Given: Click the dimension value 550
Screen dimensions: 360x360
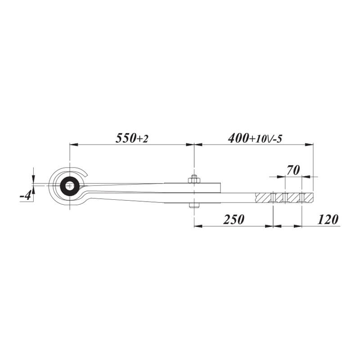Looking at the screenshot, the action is [126, 138].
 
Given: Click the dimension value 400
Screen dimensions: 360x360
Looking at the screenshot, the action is [238, 138].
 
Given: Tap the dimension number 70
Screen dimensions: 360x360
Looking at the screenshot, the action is [293, 170].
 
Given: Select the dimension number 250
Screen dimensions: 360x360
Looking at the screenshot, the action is [234, 219].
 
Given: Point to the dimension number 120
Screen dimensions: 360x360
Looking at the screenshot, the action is [328, 219].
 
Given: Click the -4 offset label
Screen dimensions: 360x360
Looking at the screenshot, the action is [26, 196].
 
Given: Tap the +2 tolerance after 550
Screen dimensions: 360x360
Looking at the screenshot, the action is [142, 139].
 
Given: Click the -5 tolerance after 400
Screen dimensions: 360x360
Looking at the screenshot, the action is [277, 139].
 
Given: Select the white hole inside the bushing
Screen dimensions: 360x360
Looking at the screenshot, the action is [69, 186].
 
